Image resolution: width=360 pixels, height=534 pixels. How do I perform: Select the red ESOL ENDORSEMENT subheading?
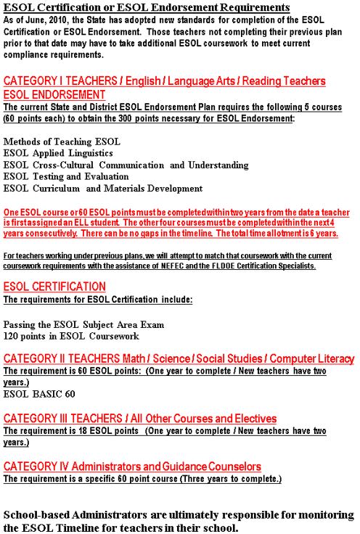54,94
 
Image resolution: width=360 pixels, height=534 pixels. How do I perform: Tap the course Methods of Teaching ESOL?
62,141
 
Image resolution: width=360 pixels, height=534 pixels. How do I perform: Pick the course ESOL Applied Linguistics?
58,153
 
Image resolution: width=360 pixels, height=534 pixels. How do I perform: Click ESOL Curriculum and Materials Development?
103,188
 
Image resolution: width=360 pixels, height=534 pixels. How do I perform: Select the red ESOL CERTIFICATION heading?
54,286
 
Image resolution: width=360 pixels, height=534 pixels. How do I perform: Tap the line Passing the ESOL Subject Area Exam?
83,324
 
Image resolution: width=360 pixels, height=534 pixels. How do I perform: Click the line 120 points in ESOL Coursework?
71,336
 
